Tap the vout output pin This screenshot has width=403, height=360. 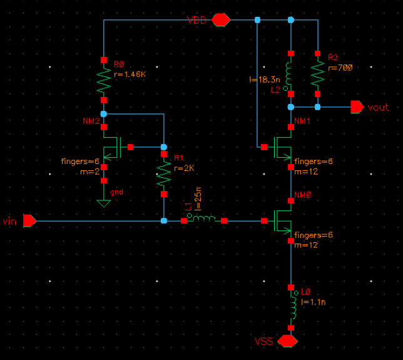(x=357, y=107)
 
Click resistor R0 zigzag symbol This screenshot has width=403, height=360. (x=104, y=80)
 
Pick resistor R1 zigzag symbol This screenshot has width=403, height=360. (x=163, y=175)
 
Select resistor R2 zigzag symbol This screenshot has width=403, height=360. (x=318, y=76)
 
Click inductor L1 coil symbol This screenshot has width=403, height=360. (x=204, y=219)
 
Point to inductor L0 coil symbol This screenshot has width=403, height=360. (x=292, y=308)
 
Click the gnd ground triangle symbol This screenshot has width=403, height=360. (x=104, y=203)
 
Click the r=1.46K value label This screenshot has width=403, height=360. (x=131, y=74)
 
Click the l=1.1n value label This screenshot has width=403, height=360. (x=313, y=302)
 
